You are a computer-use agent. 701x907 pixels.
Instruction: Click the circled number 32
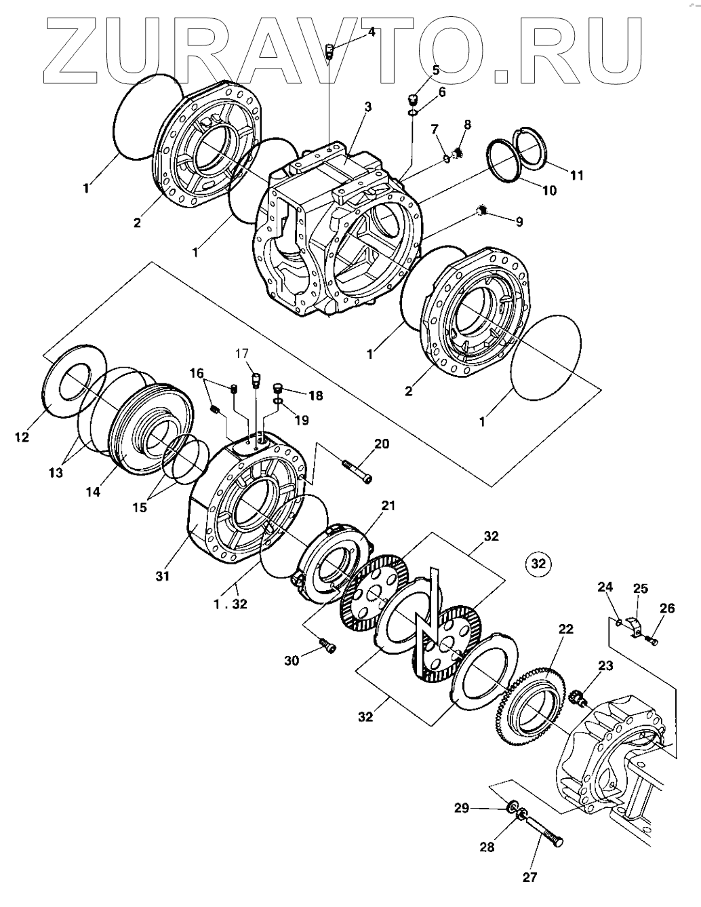538,563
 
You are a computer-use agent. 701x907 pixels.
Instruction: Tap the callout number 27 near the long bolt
529,877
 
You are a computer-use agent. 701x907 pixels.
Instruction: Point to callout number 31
162,577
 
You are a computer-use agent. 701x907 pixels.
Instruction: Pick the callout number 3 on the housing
368,107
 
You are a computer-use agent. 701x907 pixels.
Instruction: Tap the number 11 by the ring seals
576,175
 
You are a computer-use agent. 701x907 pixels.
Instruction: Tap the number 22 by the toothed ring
566,630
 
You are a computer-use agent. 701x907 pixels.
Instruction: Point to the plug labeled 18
278,389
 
